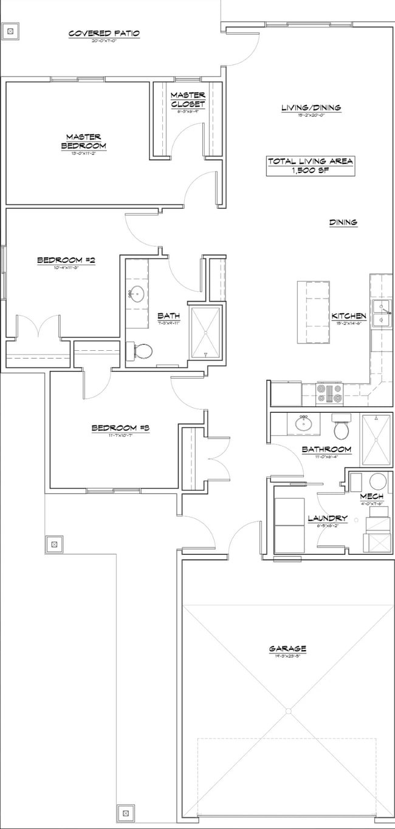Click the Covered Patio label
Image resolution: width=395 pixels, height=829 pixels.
pyautogui.click(x=104, y=33)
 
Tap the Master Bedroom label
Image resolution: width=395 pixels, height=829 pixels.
pyautogui.click(x=84, y=141)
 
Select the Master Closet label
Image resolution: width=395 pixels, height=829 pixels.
pyautogui.click(x=187, y=100)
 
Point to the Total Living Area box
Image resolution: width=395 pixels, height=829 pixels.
pyautogui.click(x=311, y=166)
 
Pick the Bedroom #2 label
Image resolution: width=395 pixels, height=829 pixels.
pyautogui.click(x=66, y=260)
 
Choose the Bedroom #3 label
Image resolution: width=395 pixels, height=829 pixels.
pyautogui.click(x=120, y=428)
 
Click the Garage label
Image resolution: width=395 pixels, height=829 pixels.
pyautogui.click(x=287, y=649)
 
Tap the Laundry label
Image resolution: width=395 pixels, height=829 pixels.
pyautogui.click(x=327, y=518)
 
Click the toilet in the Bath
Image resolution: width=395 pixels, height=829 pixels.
pyautogui.click(x=141, y=351)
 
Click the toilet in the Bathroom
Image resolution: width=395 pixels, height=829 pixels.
pyautogui.click(x=342, y=428)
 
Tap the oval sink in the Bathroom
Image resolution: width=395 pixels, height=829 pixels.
pyautogui.click(x=304, y=423)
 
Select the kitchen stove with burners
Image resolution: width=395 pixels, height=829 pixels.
pyautogui.click(x=329, y=393)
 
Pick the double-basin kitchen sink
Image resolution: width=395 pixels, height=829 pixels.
pyautogui.click(x=382, y=313)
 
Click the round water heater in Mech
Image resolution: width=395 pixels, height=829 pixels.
pyautogui.click(x=378, y=483)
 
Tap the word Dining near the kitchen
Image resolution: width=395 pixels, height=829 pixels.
pyautogui.click(x=343, y=223)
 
